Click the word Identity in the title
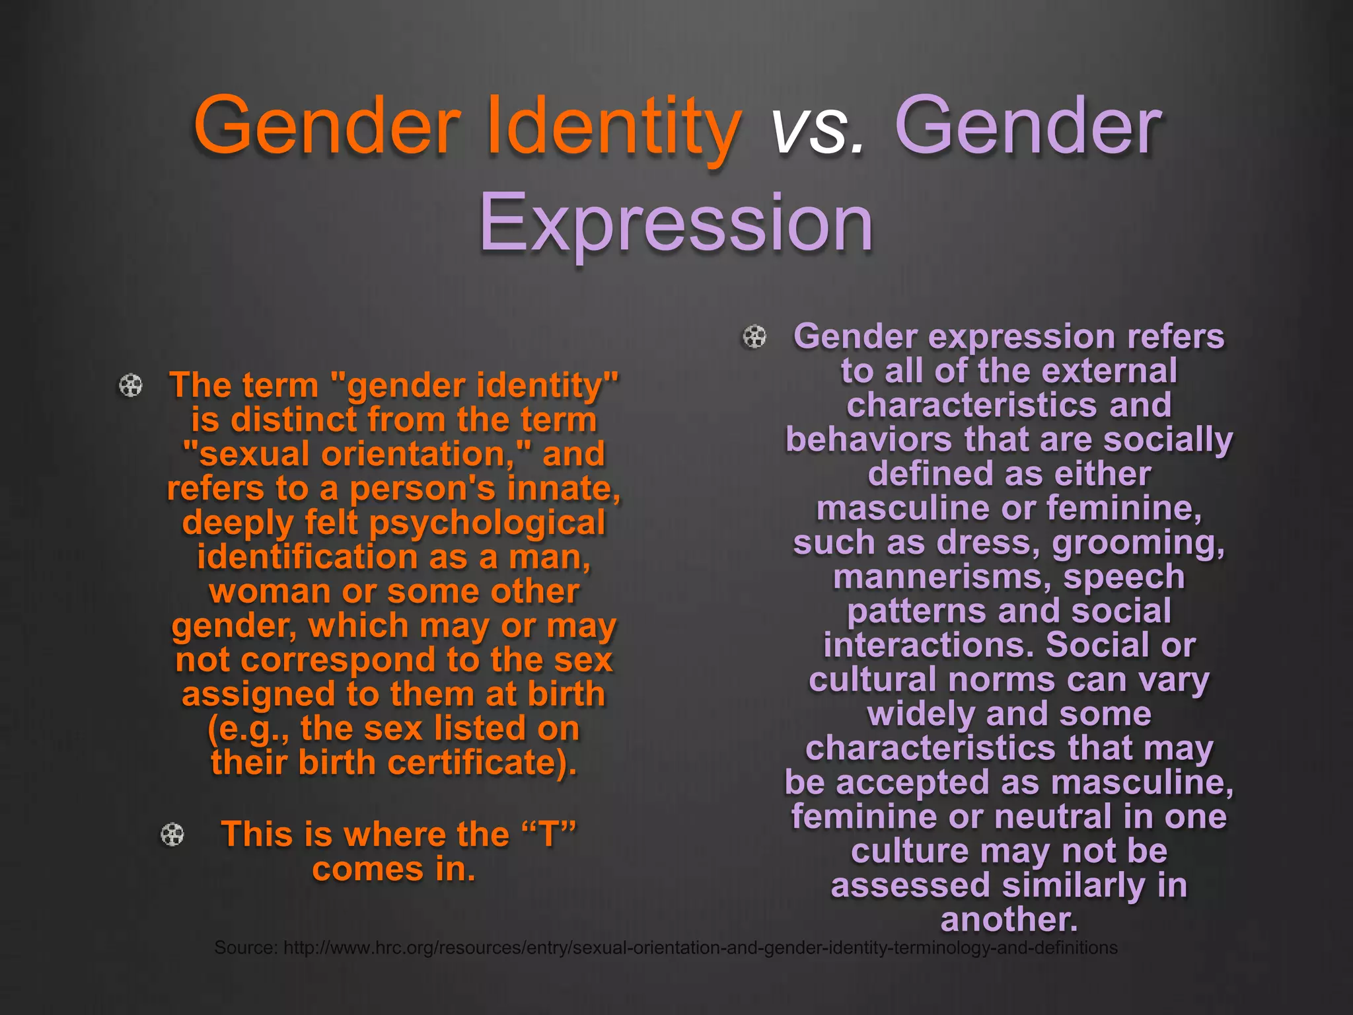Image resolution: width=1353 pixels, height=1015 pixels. click(614, 126)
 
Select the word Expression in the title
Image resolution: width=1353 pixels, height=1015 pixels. click(676, 223)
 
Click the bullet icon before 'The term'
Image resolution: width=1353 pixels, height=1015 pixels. click(130, 385)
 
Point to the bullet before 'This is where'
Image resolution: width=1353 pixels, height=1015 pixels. click(172, 835)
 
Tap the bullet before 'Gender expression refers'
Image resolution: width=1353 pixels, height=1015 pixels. click(754, 336)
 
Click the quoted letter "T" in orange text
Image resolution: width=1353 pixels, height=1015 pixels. click(549, 834)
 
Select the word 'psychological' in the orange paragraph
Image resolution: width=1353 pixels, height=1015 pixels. click(487, 523)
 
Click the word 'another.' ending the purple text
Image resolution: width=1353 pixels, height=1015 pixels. click(1009, 919)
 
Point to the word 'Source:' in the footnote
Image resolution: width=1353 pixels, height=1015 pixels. click(246, 948)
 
